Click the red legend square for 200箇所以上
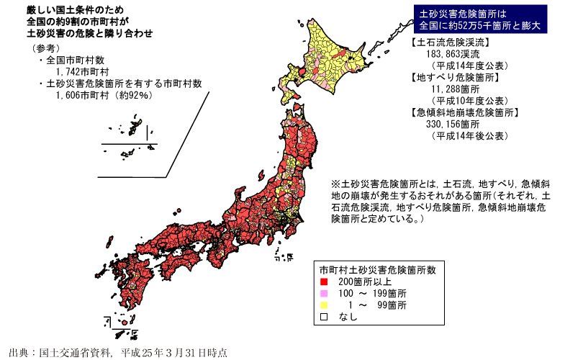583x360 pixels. tap(325, 282)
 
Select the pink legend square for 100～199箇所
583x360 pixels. tap(325, 294)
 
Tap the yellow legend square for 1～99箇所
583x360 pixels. tap(325, 305)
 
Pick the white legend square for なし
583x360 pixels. tap(325, 317)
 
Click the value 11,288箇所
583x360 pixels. tap(449, 89)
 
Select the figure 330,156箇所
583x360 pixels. tap(451, 124)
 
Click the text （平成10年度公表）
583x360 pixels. tap(469, 100)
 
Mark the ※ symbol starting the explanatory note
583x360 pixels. tap(335, 184)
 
